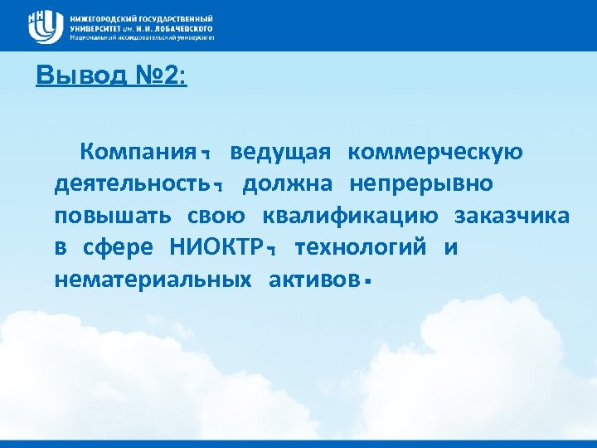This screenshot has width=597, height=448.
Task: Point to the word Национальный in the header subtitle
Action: (x=94, y=37)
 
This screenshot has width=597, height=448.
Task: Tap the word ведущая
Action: (x=281, y=152)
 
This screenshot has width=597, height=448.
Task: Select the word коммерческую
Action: (x=435, y=152)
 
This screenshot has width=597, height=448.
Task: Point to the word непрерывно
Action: (x=420, y=183)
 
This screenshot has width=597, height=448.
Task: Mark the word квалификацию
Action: (x=349, y=216)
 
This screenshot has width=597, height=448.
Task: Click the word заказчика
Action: (x=511, y=216)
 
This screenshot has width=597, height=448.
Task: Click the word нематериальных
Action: (x=153, y=279)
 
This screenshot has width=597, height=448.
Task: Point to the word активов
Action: (x=314, y=279)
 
